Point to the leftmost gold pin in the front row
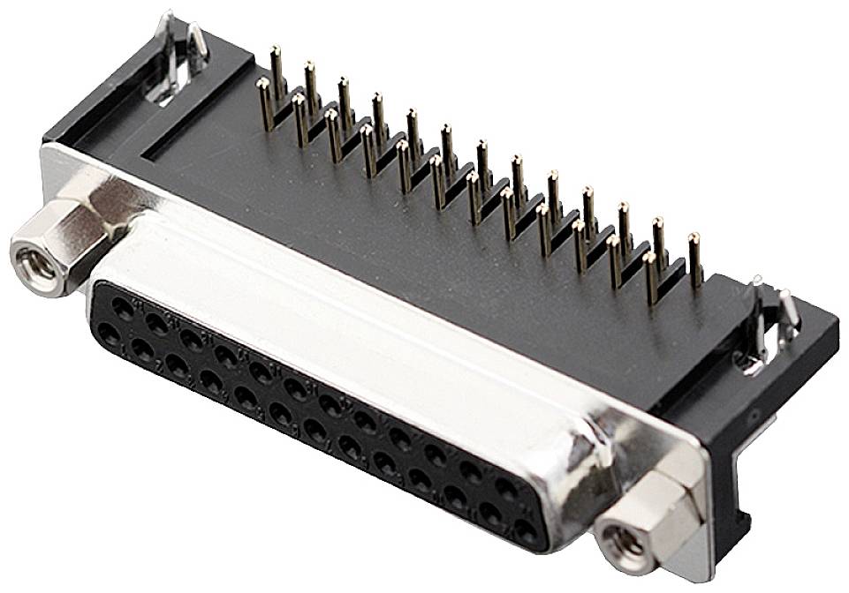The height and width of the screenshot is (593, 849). pyautogui.click(x=264, y=104)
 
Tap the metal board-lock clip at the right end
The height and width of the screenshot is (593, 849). pyautogui.click(x=769, y=322)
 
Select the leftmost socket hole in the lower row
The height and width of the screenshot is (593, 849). pyautogui.click(x=110, y=333)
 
